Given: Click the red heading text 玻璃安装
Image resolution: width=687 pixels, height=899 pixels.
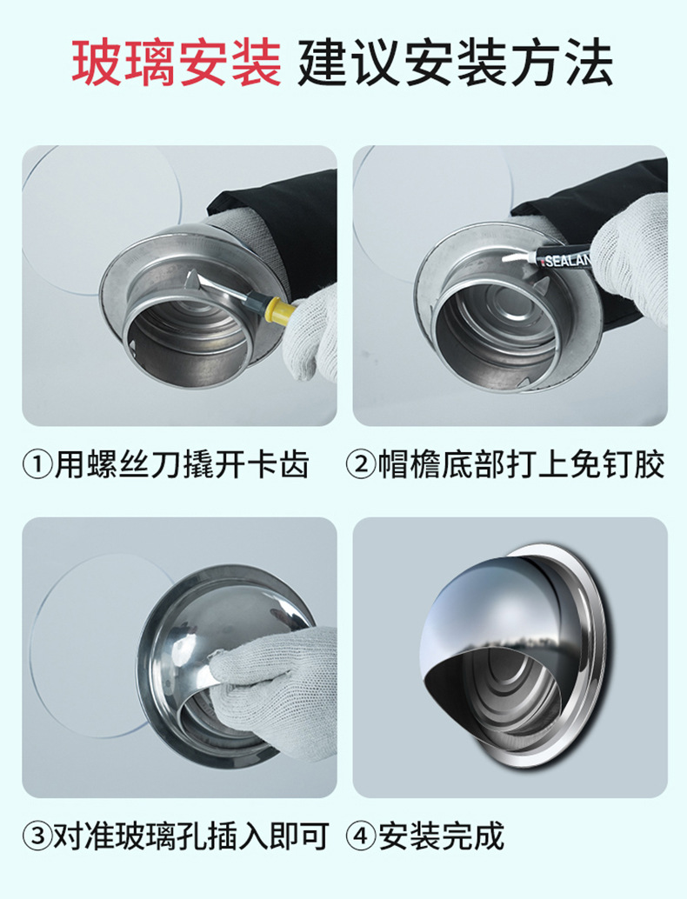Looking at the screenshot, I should (177, 63).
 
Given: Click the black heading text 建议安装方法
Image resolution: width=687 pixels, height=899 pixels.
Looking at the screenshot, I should (455, 63).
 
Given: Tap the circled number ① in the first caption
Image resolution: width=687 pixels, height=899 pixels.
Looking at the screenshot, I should (37, 464).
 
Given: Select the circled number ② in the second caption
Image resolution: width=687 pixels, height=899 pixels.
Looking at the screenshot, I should (360, 464).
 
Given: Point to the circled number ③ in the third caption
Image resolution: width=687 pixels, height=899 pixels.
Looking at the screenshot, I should (37, 836).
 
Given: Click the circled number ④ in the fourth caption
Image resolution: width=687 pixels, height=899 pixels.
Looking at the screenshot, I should (360, 836).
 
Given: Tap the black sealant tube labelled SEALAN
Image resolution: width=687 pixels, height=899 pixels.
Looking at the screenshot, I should (564, 259).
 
